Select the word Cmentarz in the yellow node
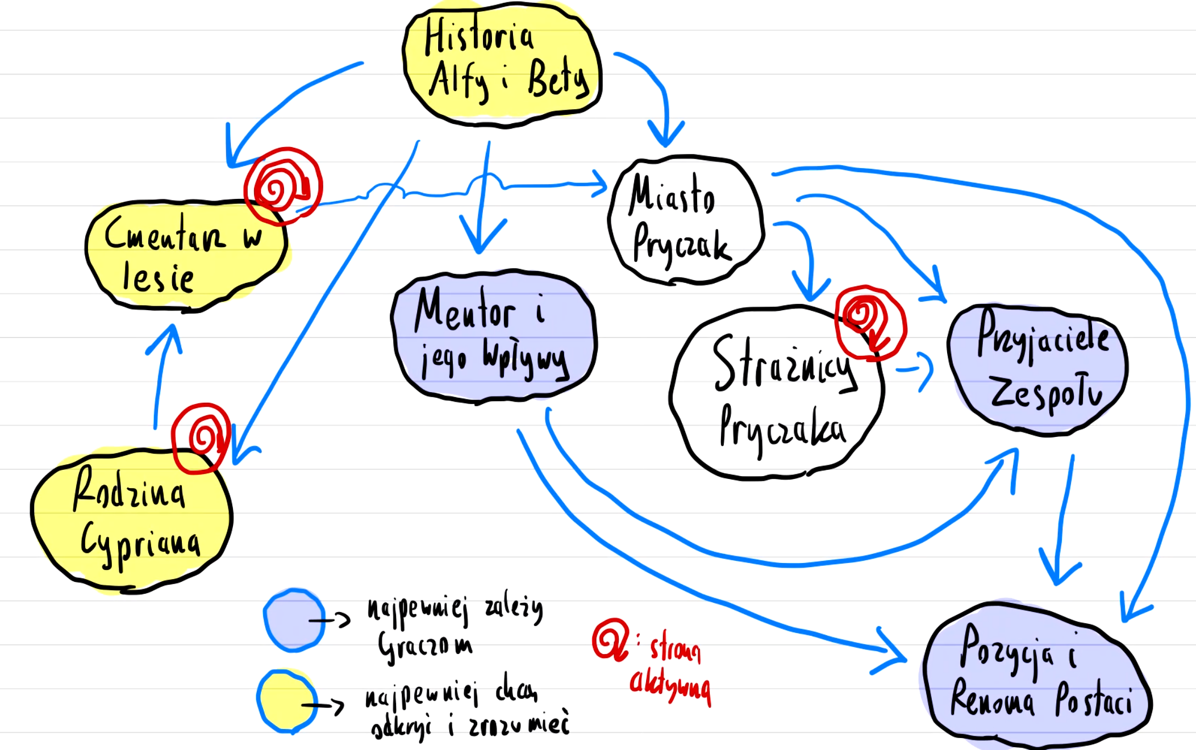(165, 234)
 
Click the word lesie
(158, 278)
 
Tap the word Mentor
(465, 311)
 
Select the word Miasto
(672, 196)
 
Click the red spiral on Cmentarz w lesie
(282, 185)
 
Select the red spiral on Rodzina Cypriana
(202, 438)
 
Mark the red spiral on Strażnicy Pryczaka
(870, 322)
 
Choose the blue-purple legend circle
(294, 620)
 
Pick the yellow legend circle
(287, 702)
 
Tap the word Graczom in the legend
(425, 646)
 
